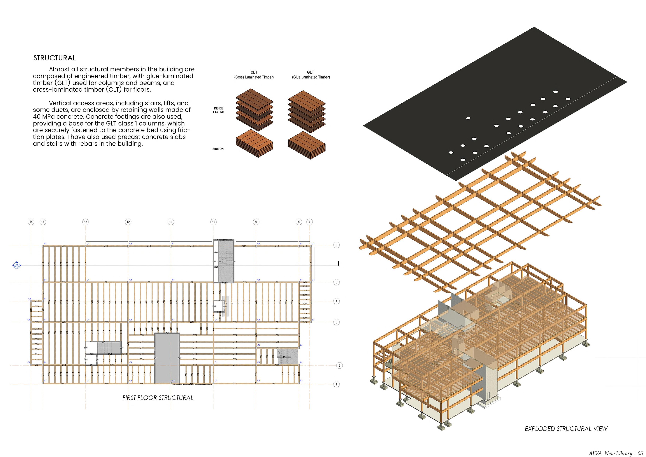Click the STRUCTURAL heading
click(55, 58)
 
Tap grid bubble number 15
click(31, 222)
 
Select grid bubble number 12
click(128, 222)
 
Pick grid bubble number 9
click(256, 222)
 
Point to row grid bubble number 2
click(339, 365)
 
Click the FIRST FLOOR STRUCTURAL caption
click(158, 398)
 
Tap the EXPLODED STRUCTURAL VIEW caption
click(566, 429)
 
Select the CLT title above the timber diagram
click(254, 72)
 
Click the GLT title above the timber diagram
click(311, 72)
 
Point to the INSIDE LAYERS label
click(218, 110)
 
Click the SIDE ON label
click(218, 149)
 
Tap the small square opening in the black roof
click(468, 118)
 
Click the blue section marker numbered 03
click(17, 265)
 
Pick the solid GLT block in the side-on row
click(307, 145)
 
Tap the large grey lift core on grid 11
click(167, 358)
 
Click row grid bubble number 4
click(336, 301)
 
